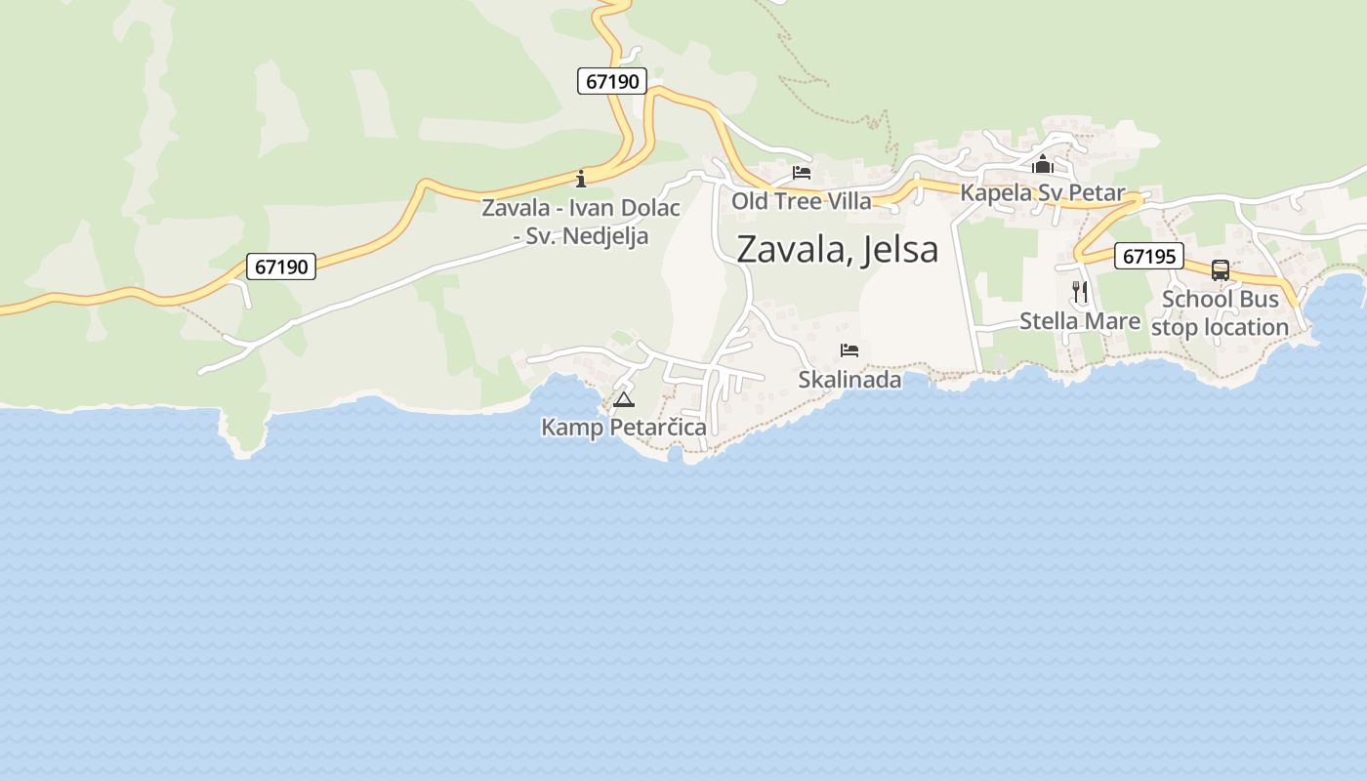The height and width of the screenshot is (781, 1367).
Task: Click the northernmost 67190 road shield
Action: pyautogui.click(x=612, y=81)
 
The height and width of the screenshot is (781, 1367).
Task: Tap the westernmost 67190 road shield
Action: pyautogui.click(x=281, y=267)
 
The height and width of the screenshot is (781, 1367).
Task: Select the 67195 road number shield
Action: pyautogui.click(x=1148, y=257)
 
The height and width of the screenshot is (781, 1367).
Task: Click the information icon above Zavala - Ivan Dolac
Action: pyautogui.click(x=581, y=178)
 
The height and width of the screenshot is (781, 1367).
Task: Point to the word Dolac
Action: pyautogui.click(x=649, y=208)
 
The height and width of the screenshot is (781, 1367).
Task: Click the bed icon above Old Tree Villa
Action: pyautogui.click(x=802, y=174)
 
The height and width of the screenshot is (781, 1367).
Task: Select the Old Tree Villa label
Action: pyautogui.click(x=802, y=201)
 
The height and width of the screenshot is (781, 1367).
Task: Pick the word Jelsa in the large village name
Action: pyautogui.click(x=901, y=249)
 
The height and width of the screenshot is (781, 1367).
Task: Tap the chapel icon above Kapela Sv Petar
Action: pyautogui.click(x=1043, y=163)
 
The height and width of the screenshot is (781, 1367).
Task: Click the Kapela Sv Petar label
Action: pyautogui.click(x=1043, y=192)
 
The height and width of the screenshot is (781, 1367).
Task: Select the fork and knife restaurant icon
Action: pyautogui.click(x=1080, y=291)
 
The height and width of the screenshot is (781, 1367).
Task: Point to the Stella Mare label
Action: pyautogui.click(x=1080, y=321)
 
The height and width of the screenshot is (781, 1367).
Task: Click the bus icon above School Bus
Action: pyautogui.click(x=1221, y=270)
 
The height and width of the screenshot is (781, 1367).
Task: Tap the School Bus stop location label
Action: pyautogui.click(x=1221, y=313)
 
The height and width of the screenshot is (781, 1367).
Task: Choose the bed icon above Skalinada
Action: pyautogui.click(x=849, y=350)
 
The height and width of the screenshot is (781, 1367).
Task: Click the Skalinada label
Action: pyautogui.click(x=849, y=380)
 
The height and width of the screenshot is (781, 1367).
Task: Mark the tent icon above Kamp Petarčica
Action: pyautogui.click(x=624, y=399)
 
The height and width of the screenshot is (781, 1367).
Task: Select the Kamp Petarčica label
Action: pyautogui.click(x=624, y=428)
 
